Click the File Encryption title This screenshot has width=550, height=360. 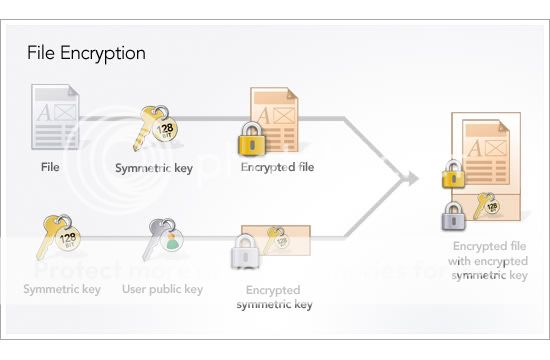(x=86, y=53)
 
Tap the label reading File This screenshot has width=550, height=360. (x=50, y=167)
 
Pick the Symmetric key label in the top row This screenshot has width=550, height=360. (x=154, y=167)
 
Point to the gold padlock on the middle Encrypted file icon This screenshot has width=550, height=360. (x=251, y=140)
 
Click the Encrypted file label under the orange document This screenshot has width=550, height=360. (x=277, y=167)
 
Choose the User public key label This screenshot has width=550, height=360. (x=162, y=290)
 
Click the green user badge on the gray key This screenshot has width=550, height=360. (x=172, y=241)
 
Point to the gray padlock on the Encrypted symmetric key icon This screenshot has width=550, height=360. (x=245, y=253)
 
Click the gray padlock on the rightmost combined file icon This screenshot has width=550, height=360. (x=454, y=214)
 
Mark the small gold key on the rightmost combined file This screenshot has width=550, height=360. (x=488, y=204)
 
